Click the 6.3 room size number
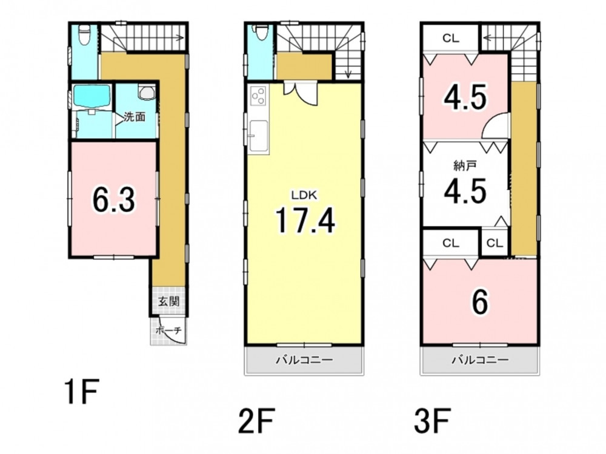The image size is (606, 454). [x=114, y=200]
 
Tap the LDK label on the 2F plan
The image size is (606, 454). [x=304, y=196]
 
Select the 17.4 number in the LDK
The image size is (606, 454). [x=305, y=220]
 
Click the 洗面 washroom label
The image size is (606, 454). [x=135, y=117]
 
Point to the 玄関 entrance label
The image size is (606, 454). [x=169, y=301]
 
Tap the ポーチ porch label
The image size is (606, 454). [x=168, y=331]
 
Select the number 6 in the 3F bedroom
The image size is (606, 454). [x=479, y=302]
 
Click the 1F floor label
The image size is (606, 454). [x=82, y=392]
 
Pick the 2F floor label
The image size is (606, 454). [x=256, y=421]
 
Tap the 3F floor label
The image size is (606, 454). [x=432, y=421]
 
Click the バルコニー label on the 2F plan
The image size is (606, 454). [x=304, y=360]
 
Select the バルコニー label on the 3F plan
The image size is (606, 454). [x=481, y=360]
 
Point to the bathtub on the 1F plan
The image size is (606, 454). [x=92, y=96]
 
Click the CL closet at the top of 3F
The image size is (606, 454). [x=451, y=38]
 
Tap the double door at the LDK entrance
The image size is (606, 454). [x=301, y=93]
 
